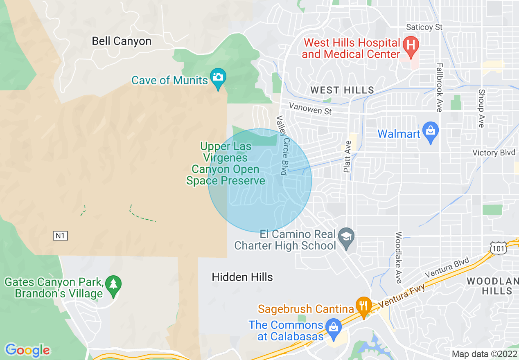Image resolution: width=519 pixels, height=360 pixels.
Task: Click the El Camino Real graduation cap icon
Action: click(347, 237)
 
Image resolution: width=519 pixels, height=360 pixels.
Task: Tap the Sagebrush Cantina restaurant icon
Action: click(363, 305)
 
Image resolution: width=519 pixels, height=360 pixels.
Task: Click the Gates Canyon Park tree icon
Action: click(113, 284)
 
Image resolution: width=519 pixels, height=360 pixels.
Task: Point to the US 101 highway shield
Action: click(498, 248)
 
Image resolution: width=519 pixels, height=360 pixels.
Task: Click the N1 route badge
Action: click(60, 236)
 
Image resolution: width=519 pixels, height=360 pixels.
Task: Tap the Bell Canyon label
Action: click(122, 41)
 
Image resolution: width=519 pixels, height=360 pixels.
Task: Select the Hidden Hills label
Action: click(242, 277)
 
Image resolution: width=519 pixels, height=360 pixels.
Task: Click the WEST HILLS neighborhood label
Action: click(342, 90)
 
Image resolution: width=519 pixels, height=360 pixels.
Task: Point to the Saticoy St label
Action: click(424, 27)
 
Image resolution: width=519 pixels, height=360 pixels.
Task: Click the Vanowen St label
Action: click(310, 108)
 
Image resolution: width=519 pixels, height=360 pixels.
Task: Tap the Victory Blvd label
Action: click(494, 153)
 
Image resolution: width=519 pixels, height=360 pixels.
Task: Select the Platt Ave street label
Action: click(348, 156)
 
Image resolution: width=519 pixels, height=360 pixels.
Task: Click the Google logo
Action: click(27, 350)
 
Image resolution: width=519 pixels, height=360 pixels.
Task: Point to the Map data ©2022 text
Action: click(483, 354)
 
